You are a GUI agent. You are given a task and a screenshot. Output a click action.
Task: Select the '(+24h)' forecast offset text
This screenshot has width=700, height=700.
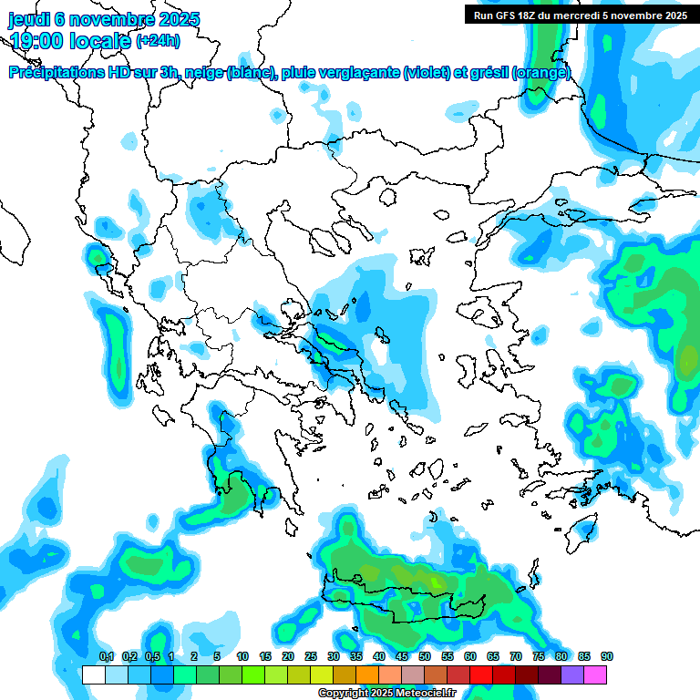158,40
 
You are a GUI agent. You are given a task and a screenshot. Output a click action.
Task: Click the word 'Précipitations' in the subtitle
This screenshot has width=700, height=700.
55,73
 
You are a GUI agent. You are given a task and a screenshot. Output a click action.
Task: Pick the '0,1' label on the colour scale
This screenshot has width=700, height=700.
106,657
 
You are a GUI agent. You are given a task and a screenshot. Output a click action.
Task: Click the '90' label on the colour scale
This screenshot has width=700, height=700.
606,657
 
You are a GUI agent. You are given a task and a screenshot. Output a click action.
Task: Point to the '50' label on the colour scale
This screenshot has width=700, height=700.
425,657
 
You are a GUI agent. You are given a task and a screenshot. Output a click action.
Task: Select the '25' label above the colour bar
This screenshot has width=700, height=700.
311,657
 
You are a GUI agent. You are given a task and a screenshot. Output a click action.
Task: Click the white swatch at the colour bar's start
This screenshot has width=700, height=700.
93,674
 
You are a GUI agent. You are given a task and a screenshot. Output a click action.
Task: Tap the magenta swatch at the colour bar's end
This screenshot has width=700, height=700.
594,674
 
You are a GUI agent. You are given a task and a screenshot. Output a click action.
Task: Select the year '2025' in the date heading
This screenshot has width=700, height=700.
172,19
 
